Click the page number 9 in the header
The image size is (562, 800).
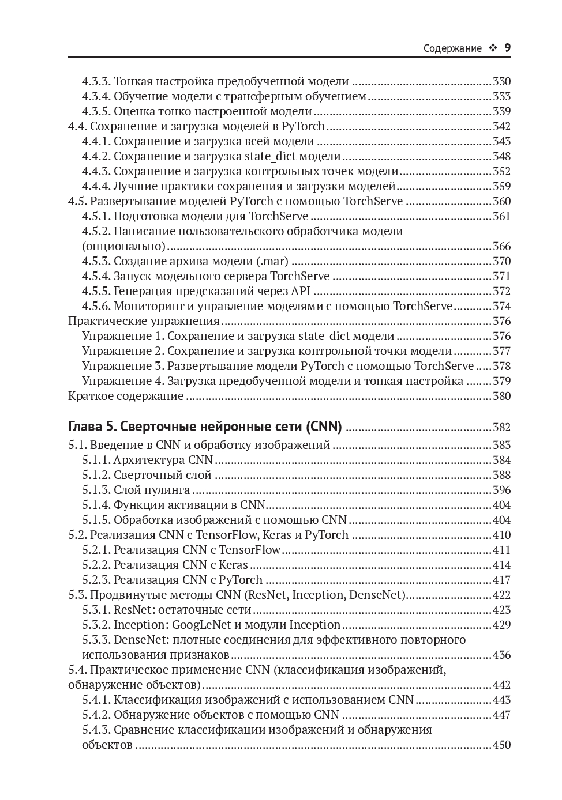[x=507, y=48]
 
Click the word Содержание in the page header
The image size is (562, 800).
[x=452, y=48]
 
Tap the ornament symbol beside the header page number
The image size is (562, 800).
[x=493, y=48]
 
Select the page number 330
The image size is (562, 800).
[x=501, y=82]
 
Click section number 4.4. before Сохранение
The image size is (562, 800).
[x=78, y=127]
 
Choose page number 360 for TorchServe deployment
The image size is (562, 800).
[x=501, y=202]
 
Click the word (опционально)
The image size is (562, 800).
[x=123, y=247]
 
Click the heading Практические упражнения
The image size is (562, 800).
[x=144, y=322]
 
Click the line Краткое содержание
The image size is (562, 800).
[x=126, y=397]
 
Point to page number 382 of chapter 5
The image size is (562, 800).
[x=501, y=428]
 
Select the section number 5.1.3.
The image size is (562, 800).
[x=96, y=490]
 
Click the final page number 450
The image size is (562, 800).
[x=501, y=745]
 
